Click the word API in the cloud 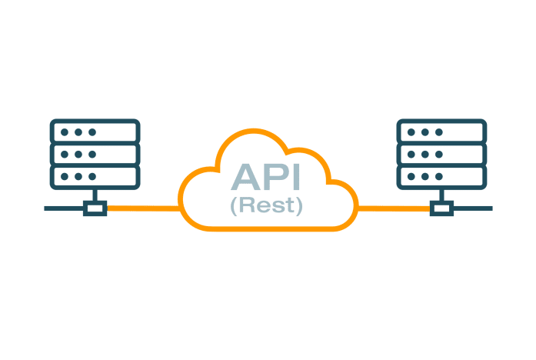[267, 178]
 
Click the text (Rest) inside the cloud [267, 206]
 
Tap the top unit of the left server [95, 132]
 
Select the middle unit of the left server [95, 154]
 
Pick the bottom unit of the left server [95, 176]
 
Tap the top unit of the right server [441, 132]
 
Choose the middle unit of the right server [441, 154]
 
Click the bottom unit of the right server [441, 176]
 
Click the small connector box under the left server [95, 208]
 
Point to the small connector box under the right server [441, 208]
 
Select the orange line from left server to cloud [142, 208]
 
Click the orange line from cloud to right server [392, 208]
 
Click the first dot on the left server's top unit [65, 132]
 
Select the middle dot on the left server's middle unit [78, 154]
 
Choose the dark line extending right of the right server [472, 208]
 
